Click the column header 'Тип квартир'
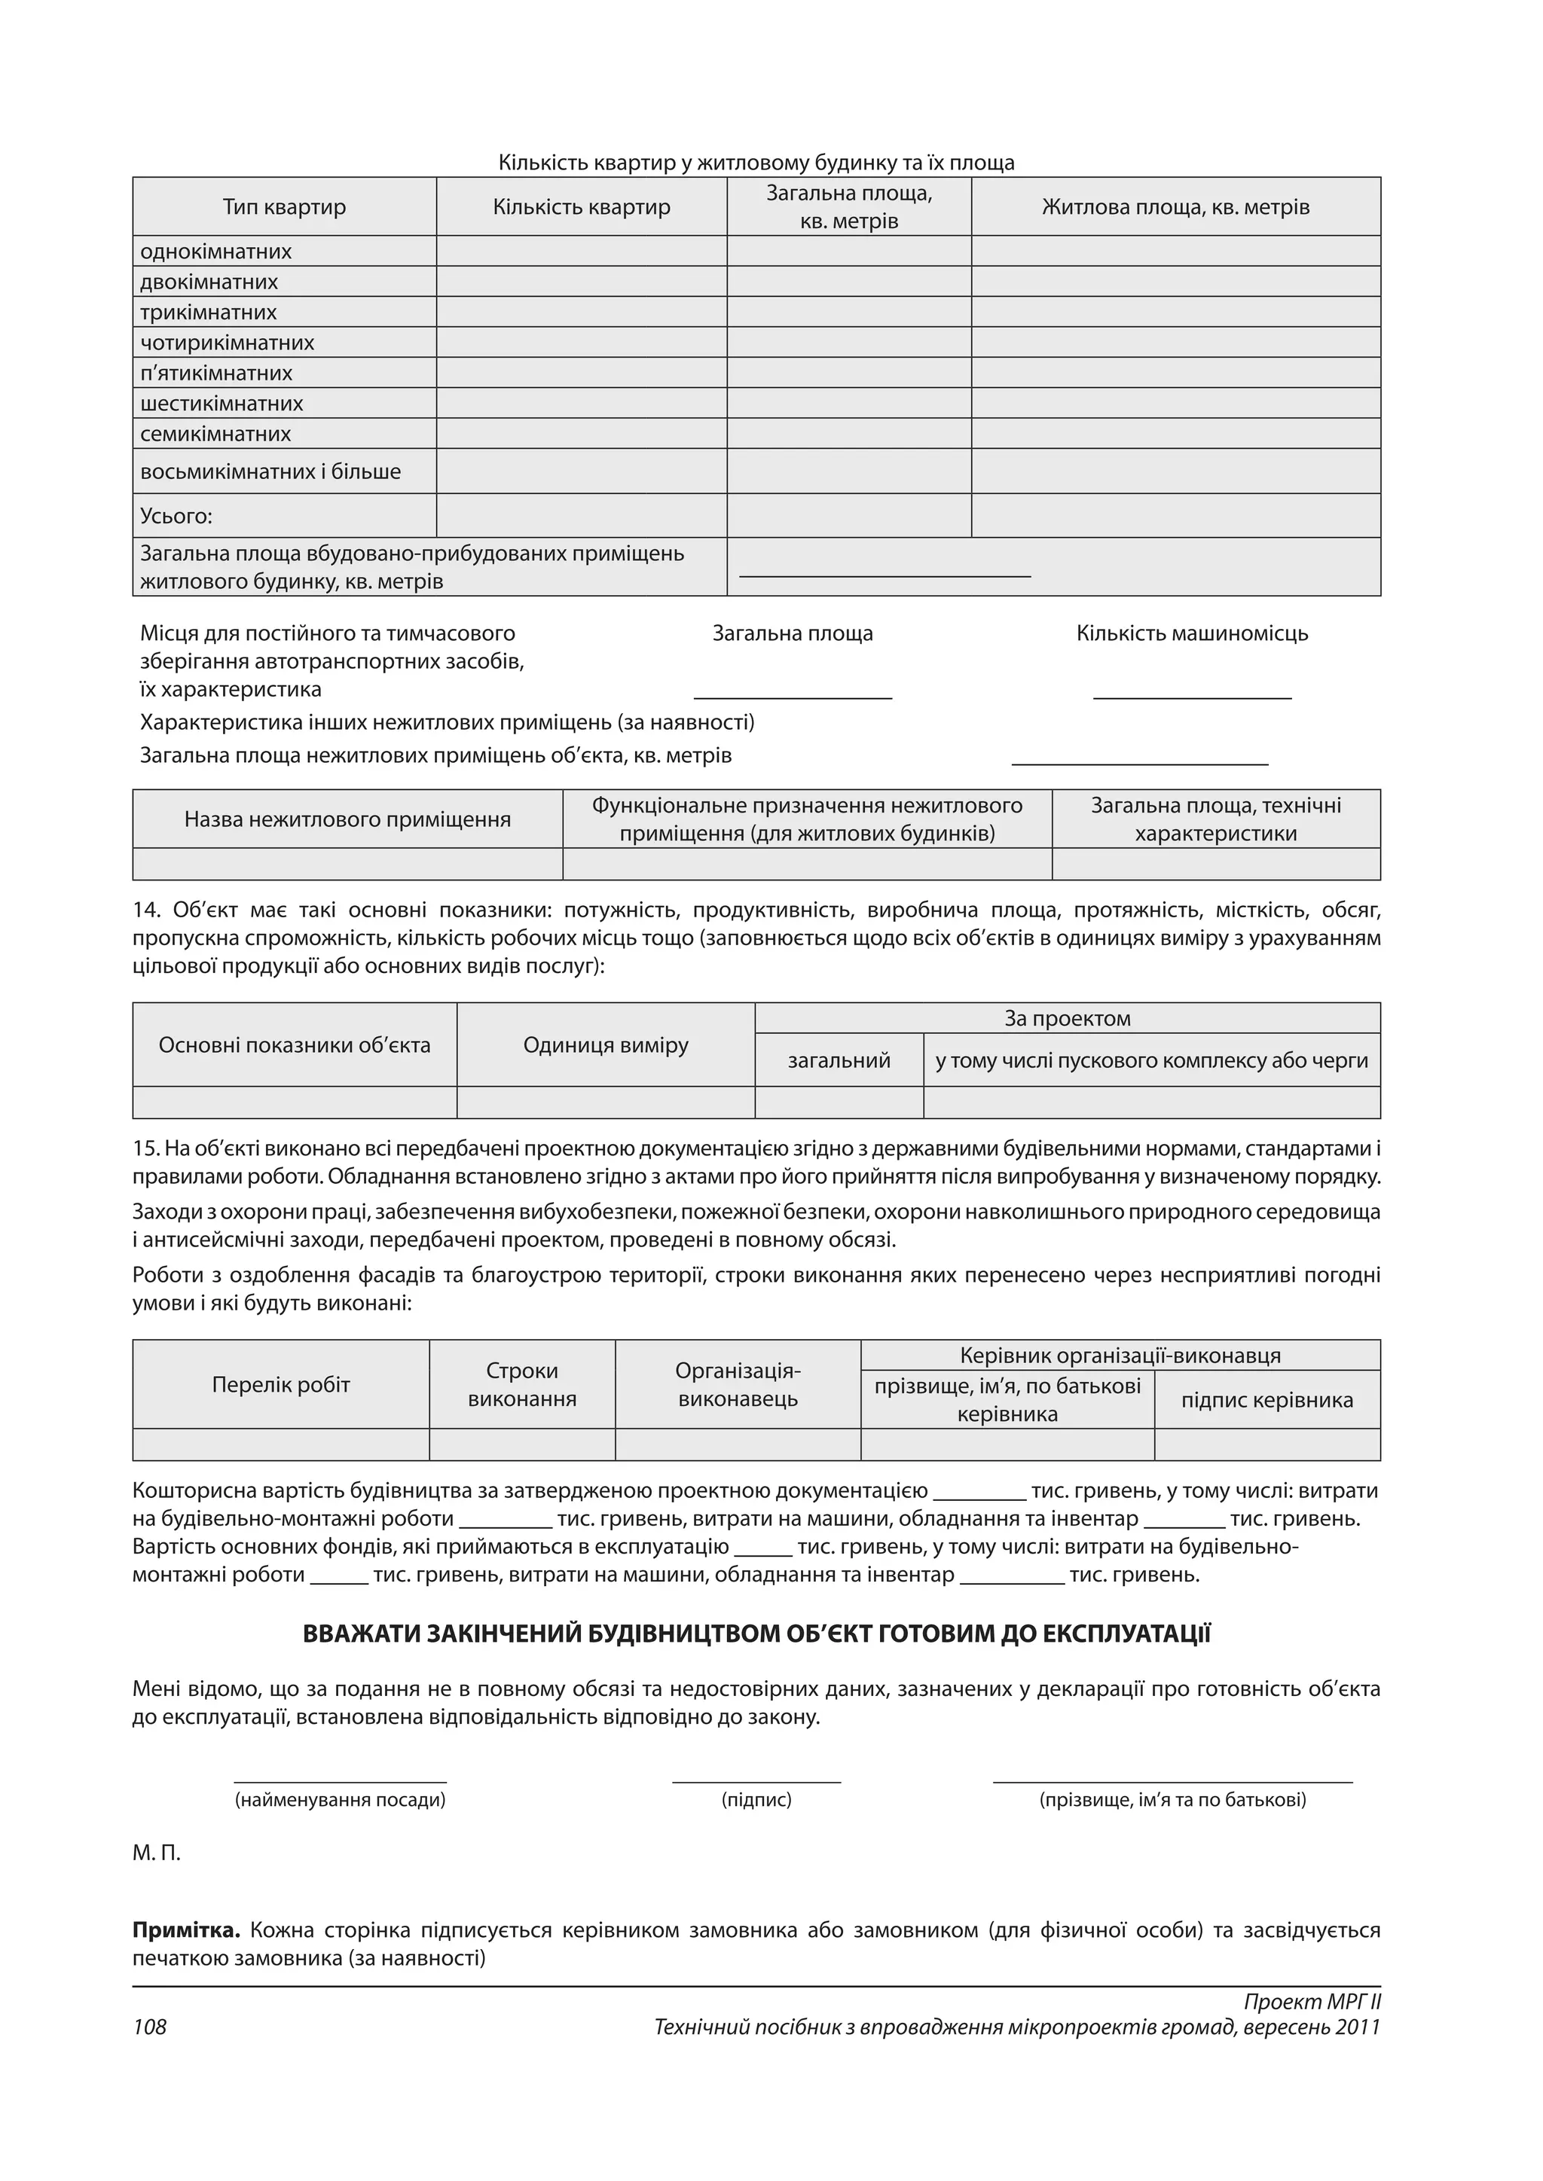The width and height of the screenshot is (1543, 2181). tap(284, 207)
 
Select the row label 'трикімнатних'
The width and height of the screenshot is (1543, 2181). tap(208, 313)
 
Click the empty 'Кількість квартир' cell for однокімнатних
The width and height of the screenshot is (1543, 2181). tap(582, 252)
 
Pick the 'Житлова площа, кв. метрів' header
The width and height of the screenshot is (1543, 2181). tap(1175, 207)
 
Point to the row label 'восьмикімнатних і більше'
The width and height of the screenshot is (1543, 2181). tap(270, 471)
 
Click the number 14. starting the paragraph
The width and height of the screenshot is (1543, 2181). tap(147, 910)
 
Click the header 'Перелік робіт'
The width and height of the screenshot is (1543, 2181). tap(280, 1384)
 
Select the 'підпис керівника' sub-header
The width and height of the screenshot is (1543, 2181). tap(1266, 1399)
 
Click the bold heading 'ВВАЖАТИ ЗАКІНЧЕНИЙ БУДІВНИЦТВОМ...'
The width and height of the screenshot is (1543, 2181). tap(756, 1633)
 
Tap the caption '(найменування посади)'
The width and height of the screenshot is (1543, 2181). tap(339, 1799)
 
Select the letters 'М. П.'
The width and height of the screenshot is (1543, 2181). tap(156, 1853)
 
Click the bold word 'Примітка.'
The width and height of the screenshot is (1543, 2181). tap(186, 1930)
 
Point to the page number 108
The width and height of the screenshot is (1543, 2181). tap(149, 2027)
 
